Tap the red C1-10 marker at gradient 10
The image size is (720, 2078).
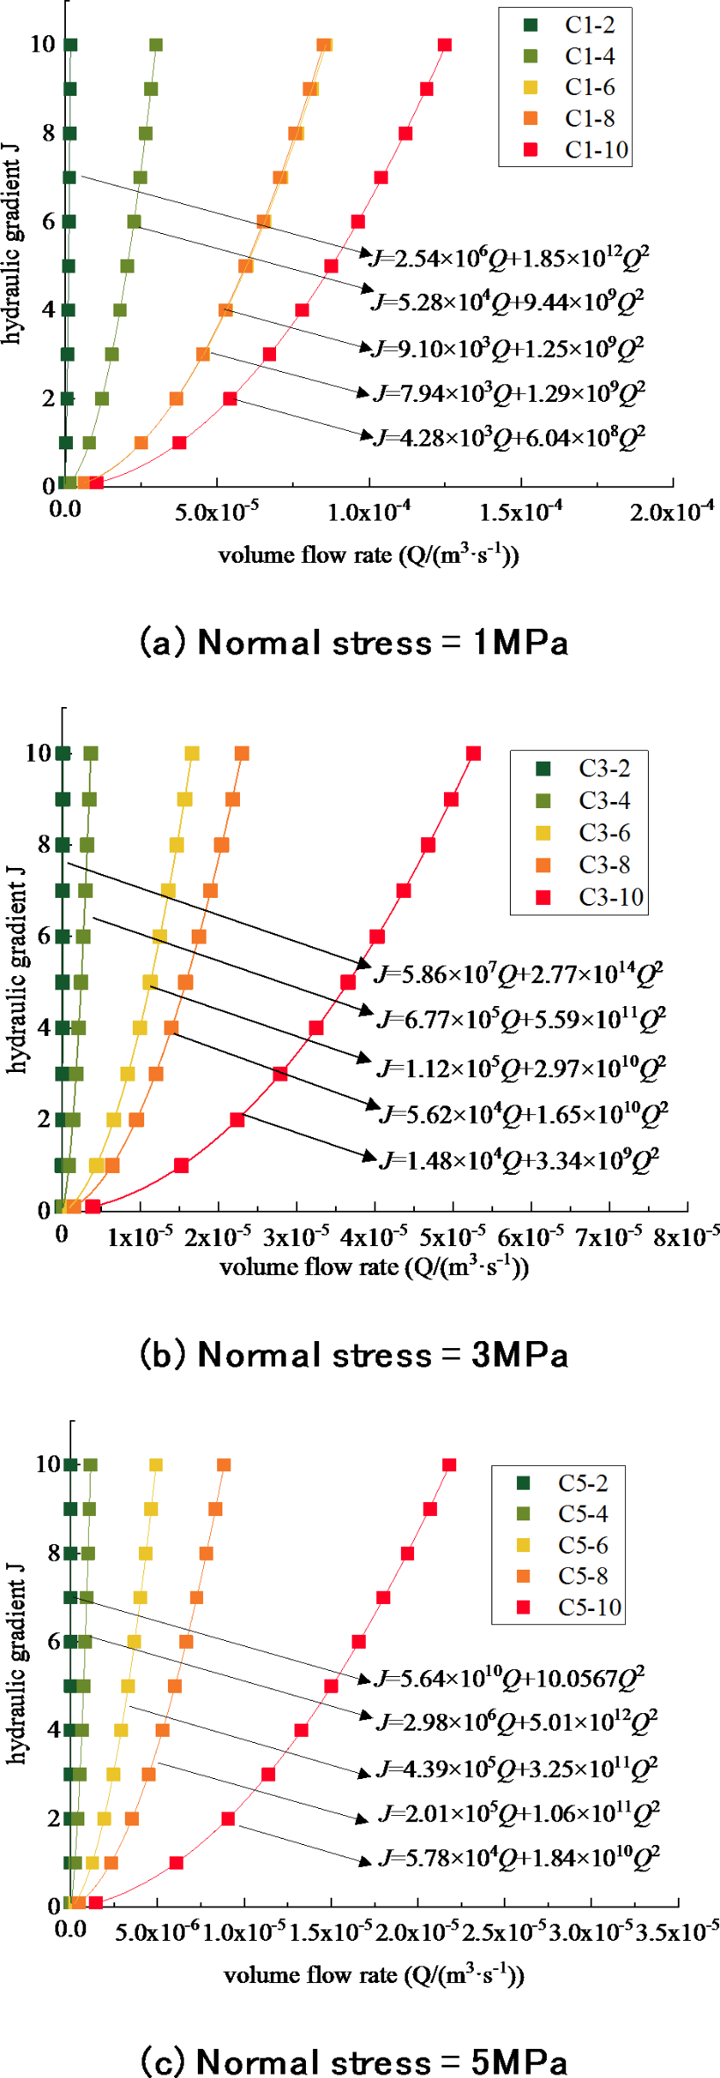click(445, 45)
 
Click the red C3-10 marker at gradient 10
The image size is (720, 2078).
click(474, 754)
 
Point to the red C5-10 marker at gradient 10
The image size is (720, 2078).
click(449, 1465)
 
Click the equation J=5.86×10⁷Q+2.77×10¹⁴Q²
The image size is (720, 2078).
click(519, 974)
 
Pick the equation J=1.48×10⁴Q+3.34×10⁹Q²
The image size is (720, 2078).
click(519, 1161)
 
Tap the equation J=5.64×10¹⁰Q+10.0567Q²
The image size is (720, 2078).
click(510, 1679)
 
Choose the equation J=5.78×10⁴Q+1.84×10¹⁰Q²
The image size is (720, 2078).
click(519, 1857)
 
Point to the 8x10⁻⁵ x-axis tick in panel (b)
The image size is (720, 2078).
click(686, 1236)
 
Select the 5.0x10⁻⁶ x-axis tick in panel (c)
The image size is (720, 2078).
click(156, 1932)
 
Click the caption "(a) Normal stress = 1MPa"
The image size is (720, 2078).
click(354, 643)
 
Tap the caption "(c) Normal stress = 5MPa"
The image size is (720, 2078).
click(354, 2060)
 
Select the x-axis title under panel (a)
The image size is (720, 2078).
click(368, 556)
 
